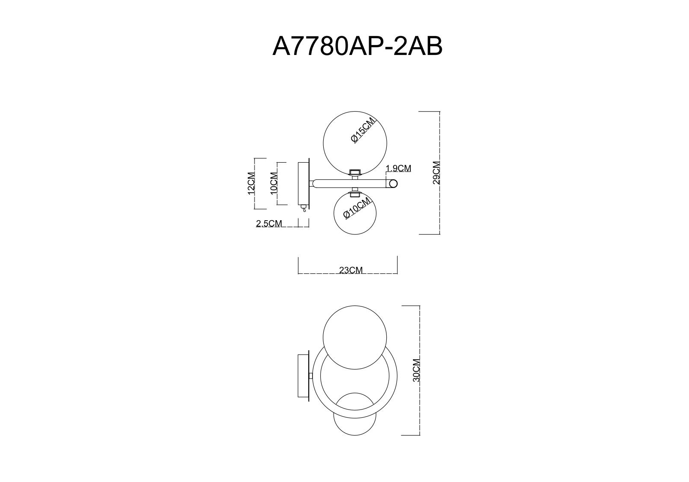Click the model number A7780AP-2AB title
tap(358, 46)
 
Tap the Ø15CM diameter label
tap(364, 130)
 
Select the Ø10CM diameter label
tap(356, 208)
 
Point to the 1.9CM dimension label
tap(399, 168)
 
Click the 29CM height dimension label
tap(436, 173)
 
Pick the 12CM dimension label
tap(251, 183)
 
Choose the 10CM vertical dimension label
tap(274, 183)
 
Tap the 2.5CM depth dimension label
tap(269, 223)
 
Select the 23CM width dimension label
tap(351, 270)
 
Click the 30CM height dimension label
tap(416, 370)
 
